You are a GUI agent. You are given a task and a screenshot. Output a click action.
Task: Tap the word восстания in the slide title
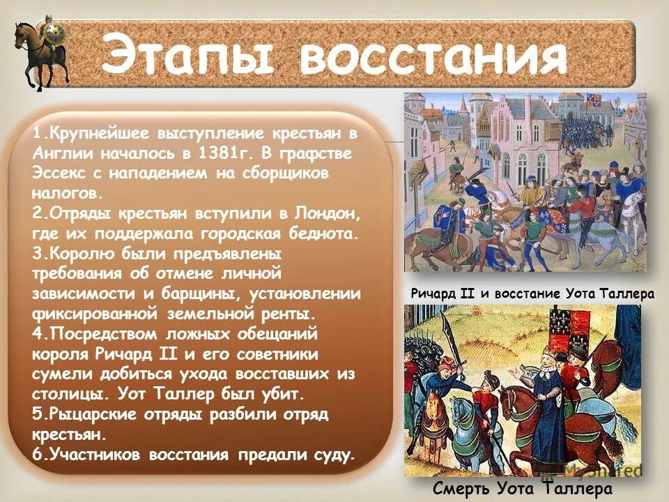click(433, 56)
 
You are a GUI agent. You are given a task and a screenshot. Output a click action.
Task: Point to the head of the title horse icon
click(22, 30)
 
